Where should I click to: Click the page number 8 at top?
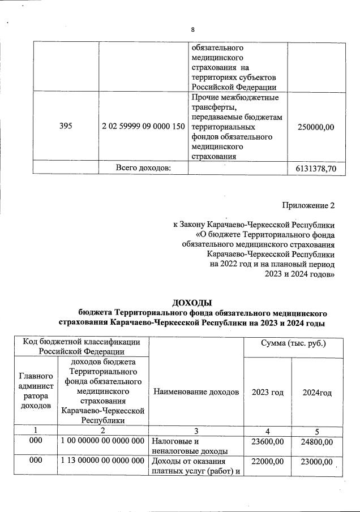(192, 30)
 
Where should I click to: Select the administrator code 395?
(66, 127)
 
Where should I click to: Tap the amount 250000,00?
(315, 127)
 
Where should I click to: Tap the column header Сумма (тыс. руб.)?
(293, 343)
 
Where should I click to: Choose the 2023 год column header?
(267, 392)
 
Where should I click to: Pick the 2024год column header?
(317, 392)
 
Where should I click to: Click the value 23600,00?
(267, 442)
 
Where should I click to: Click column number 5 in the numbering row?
(317, 430)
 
